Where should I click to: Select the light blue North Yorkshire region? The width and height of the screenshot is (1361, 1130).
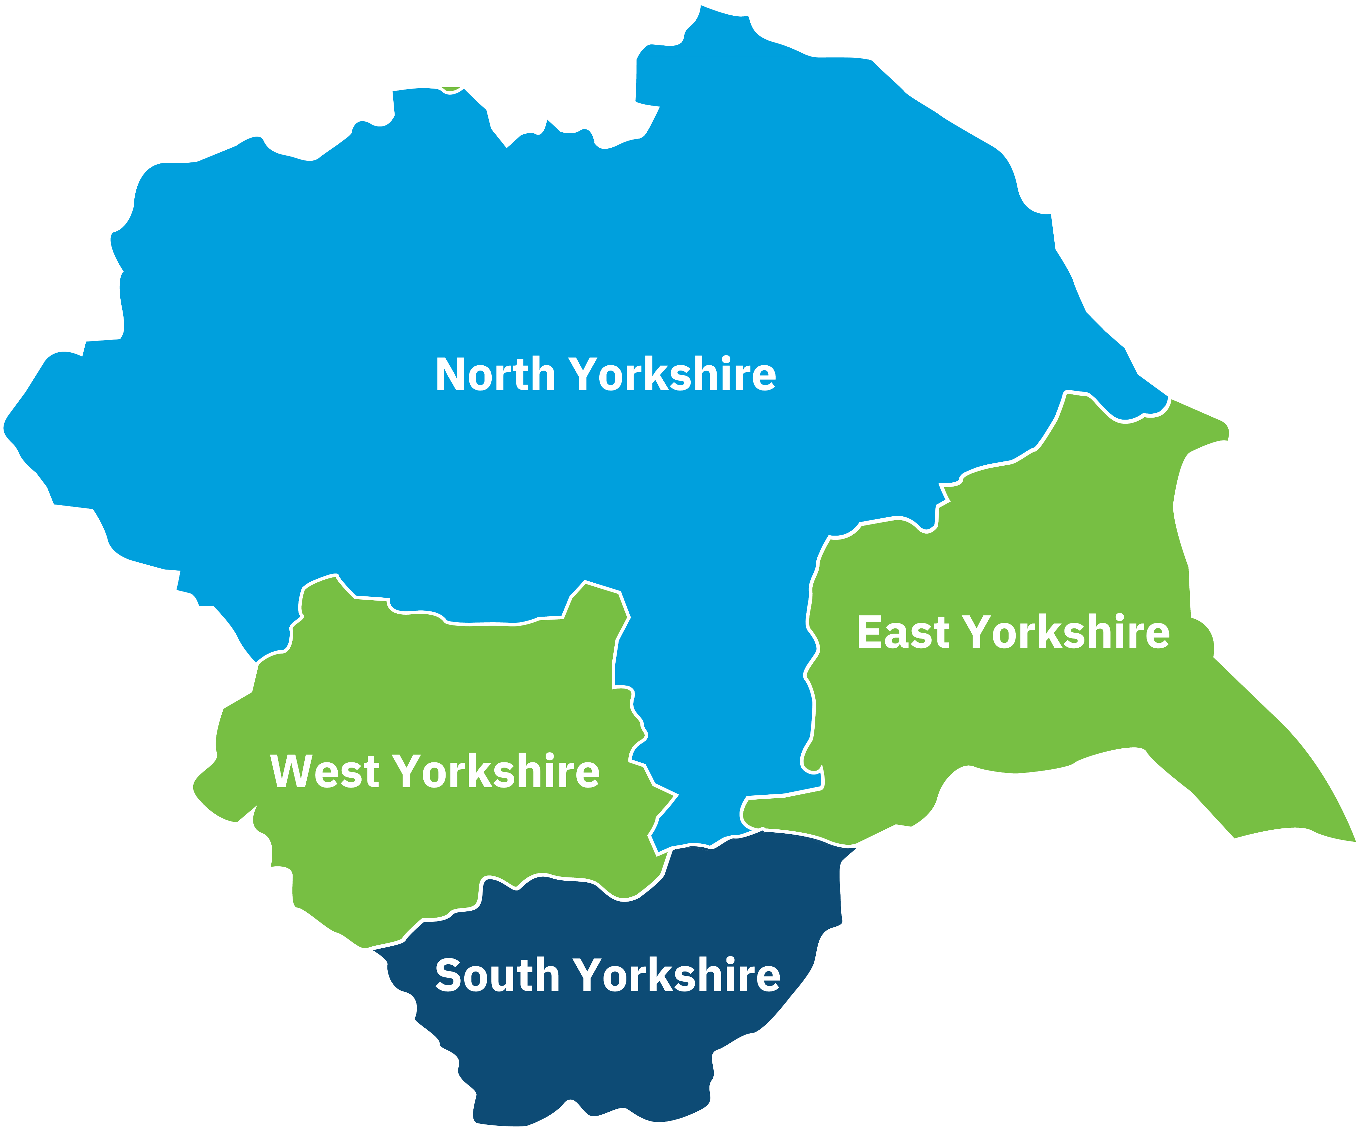(583, 259)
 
